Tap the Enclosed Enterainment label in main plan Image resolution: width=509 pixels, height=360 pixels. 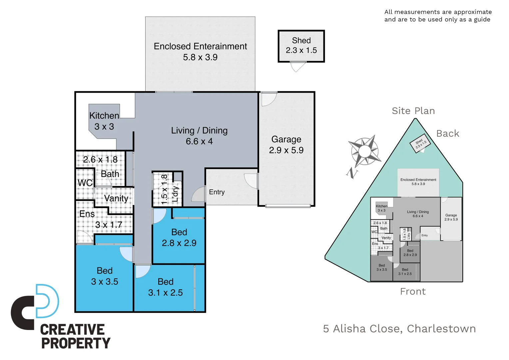(x=200, y=46)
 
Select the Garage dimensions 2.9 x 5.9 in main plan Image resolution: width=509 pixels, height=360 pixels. (x=286, y=150)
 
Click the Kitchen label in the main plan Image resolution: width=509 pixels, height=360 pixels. (x=104, y=116)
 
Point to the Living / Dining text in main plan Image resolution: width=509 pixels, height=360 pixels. (x=199, y=131)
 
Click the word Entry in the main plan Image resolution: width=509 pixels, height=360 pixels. (x=217, y=192)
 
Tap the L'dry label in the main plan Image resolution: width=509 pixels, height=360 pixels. (x=175, y=194)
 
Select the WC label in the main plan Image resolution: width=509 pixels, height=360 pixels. (x=85, y=183)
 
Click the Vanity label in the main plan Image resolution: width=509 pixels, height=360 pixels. (x=116, y=198)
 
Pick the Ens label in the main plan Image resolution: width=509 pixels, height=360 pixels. (x=87, y=214)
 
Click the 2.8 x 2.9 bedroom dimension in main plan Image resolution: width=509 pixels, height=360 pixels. (x=179, y=243)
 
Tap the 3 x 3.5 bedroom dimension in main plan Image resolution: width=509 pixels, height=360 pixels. (x=105, y=282)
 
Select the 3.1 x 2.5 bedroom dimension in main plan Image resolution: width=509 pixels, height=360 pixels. (x=165, y=293)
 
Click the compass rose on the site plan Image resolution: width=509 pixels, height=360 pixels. (x=365, y=151)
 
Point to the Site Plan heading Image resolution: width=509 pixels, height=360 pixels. (x=413, y=111)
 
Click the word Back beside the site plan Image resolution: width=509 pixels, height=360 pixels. (x=447, y=134)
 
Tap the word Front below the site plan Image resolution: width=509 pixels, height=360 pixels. (x=413, y=292)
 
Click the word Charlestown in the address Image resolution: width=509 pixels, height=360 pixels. (x=441, y=329)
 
